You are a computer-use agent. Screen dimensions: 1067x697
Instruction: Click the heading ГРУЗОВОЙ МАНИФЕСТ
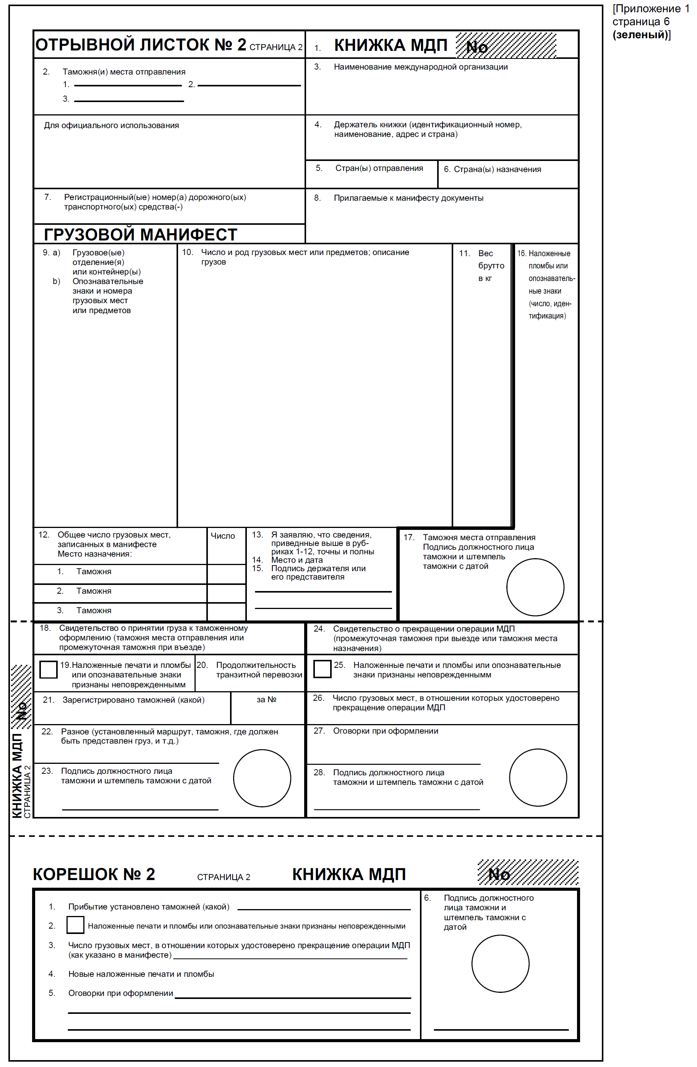[140, 234]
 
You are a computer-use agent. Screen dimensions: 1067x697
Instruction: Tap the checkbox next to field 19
[49, 669]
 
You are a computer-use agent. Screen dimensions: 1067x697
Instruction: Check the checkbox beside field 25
[322, 669]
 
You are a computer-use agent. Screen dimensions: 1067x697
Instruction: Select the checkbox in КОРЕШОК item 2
[75, 925]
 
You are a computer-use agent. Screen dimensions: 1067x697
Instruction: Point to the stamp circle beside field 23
[262, 778]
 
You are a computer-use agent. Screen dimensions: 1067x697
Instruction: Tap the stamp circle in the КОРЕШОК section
[500, 963]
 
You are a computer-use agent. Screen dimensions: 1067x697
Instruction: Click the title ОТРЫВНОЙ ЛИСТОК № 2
[140, 45]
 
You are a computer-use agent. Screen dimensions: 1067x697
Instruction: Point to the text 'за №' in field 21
[266, 699]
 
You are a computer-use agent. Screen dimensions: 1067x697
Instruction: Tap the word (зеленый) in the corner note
[640, 34]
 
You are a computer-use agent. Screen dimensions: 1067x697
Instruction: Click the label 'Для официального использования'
[111, 125]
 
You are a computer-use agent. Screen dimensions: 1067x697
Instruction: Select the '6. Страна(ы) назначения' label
[492, 169]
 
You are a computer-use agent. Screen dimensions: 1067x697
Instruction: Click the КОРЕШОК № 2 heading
[94, 874]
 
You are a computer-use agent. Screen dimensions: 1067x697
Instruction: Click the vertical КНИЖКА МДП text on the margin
[17, 776]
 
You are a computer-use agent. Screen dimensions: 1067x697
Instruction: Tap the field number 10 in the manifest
[187, 252]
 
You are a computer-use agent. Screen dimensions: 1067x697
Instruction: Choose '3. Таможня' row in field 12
[84, 610]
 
